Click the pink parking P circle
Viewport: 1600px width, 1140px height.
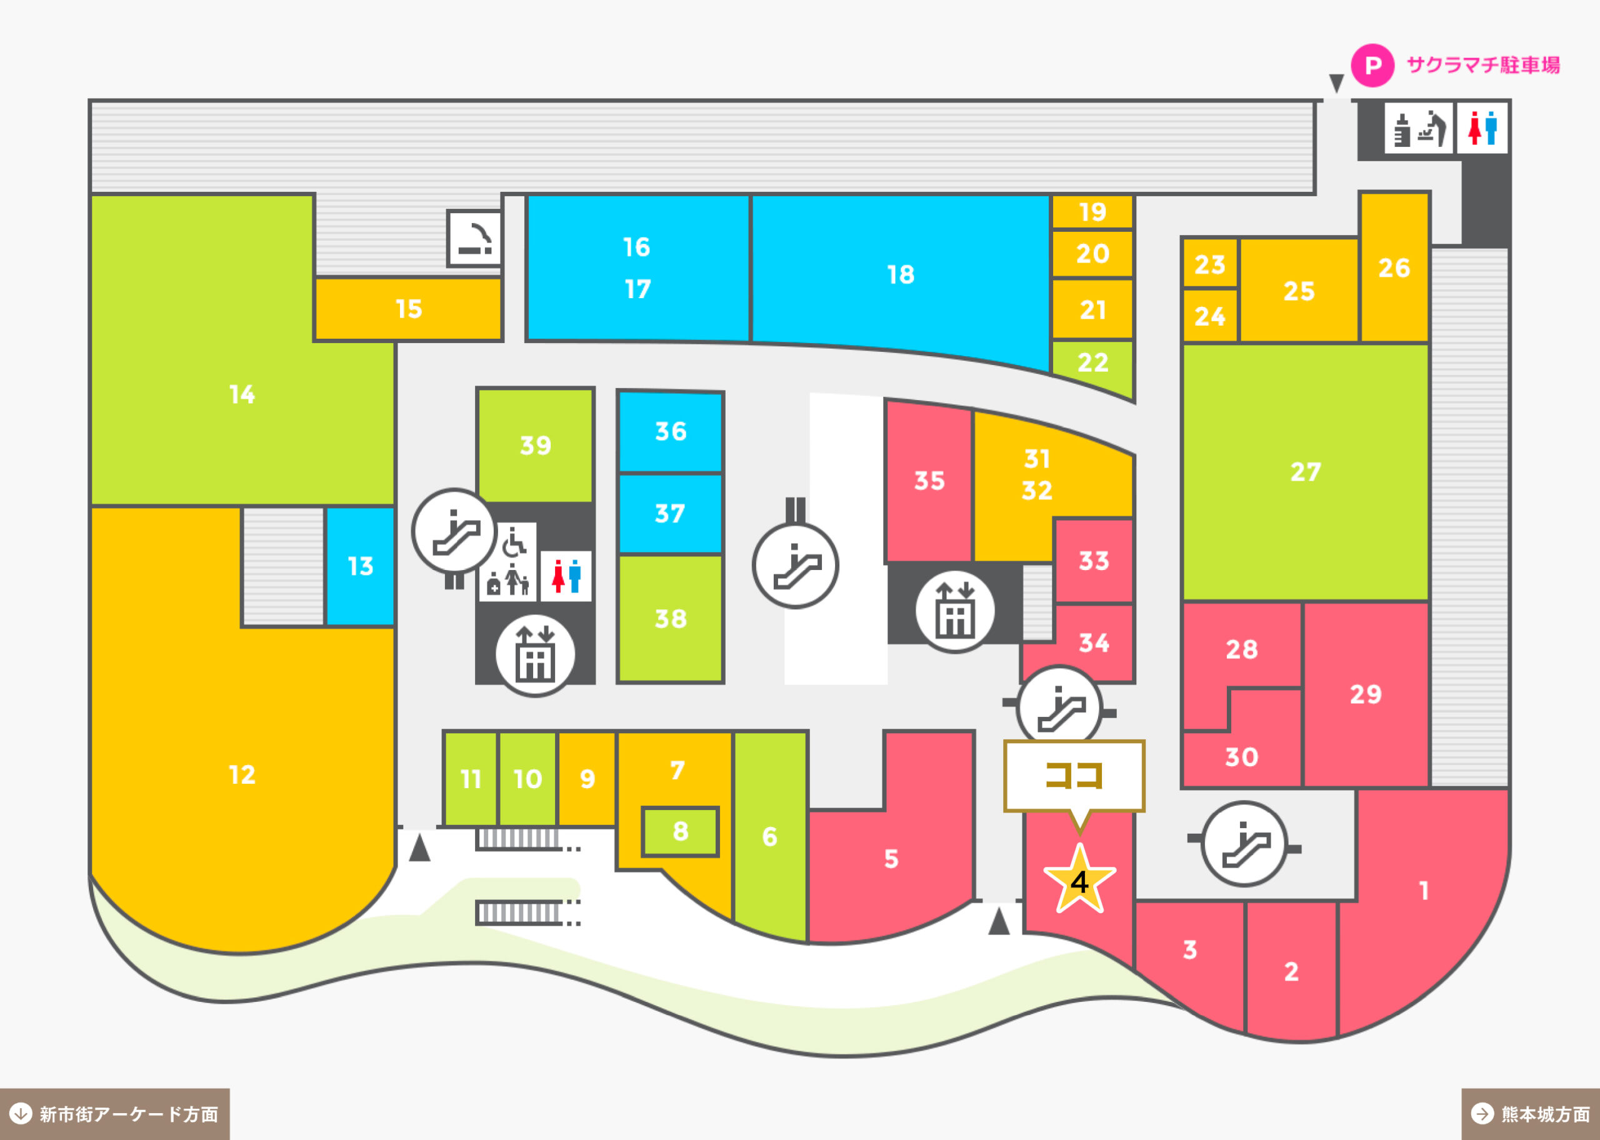tap(1372, 65)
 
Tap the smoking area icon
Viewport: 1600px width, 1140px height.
tap(475, 238)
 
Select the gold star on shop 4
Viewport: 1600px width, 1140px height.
tap(1079, 879)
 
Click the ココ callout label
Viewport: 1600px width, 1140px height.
tap(1074, 776)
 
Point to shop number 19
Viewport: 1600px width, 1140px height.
tap(1092, 211)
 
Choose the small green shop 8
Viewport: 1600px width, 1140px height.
tap(680, 831)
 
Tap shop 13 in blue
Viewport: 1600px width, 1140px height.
tap(360, 566)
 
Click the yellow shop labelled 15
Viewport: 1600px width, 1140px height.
tap(408, 309)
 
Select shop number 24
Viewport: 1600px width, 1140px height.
tap(1210, 316)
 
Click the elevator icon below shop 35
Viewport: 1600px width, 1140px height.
tap(954, 611)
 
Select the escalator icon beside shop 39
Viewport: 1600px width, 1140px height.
tap(455, 531)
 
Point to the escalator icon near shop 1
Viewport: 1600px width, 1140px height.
tap(1244, 844)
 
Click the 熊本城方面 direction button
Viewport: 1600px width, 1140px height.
tap(1531, 1114)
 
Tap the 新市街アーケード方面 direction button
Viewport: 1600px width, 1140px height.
tap(114, 1114)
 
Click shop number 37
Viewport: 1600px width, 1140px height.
tap(670, 514)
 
